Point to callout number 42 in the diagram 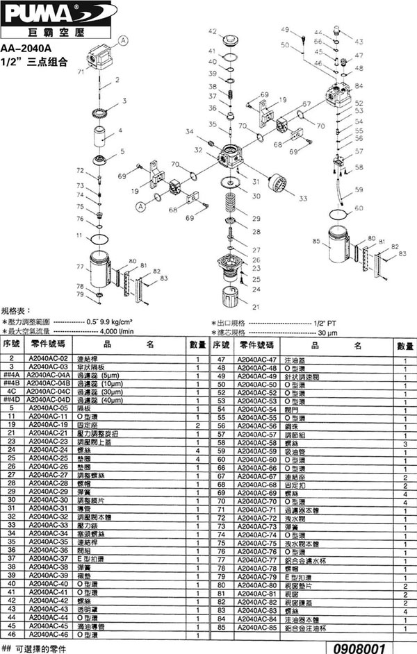pos(212,31)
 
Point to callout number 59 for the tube pos(359,189)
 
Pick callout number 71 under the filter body pos(81,72)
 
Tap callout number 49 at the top pos(284,29)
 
